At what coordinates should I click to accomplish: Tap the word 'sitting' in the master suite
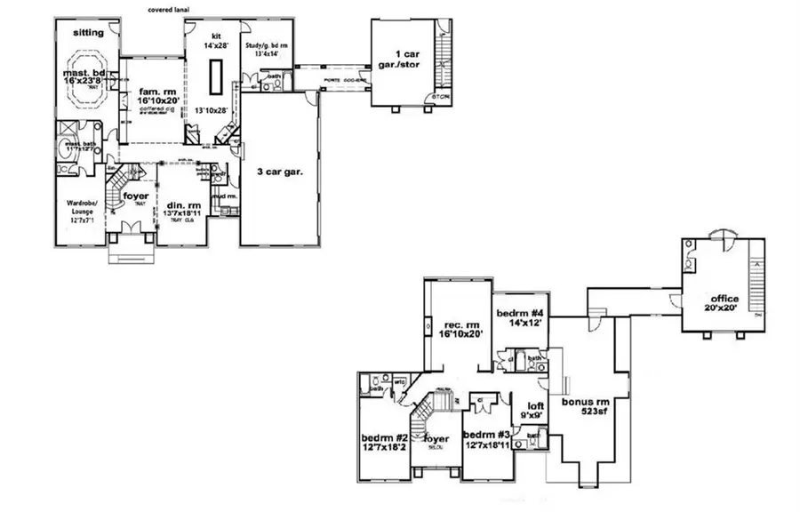[x=88, y=33]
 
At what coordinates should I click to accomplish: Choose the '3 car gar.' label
[x=280, y=172]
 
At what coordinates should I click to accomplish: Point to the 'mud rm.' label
[x=222, y=196]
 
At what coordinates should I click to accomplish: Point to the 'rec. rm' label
[x=460, y=324]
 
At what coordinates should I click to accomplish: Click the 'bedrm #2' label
[x=385, y=438]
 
